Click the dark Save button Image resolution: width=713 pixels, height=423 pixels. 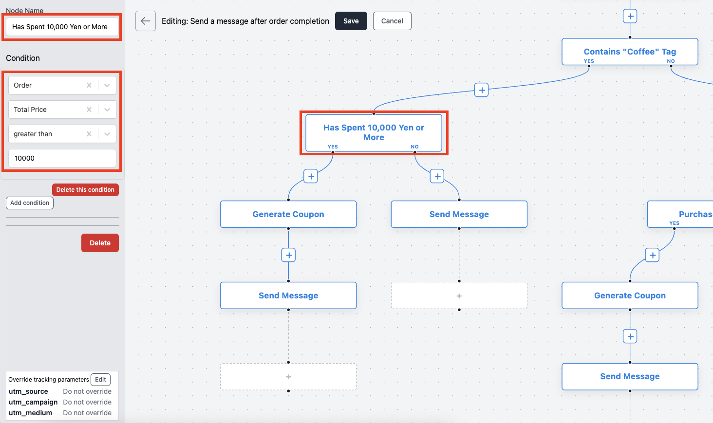click(x=351, y=21)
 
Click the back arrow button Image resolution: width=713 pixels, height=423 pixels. click(x=146, y=21)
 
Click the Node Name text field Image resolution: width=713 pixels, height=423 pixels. click(x=62, y=27)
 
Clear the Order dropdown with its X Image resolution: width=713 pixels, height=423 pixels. click(x=89, y=85)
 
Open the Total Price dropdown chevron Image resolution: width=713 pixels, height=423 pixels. click(x=107, y=110)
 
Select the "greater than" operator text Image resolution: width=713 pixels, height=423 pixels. click(x=33, y=134)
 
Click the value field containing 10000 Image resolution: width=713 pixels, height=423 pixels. click(x=62, y=158)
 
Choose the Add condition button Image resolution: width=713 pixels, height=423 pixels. click(x=30, y=203)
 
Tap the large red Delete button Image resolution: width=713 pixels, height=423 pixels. click(x=100, y=243)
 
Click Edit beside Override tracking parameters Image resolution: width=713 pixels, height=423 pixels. click(x=100, y=379)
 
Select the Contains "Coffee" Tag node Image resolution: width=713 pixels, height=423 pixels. click(x=630, y=52)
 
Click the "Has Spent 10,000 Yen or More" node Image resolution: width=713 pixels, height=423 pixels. click(x=374, y=132)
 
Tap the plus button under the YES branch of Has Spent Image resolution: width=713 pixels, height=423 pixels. click(x=311, y=176)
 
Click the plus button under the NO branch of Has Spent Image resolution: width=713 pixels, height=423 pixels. click(x=437, y=176)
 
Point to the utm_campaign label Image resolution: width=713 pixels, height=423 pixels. click(x=33, y=402)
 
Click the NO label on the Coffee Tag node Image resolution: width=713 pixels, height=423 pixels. click(x=671, y=61)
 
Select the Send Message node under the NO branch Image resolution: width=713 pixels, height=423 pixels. click(x=459, y=214)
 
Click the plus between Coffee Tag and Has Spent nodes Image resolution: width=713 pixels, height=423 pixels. click(x=481, y=91)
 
